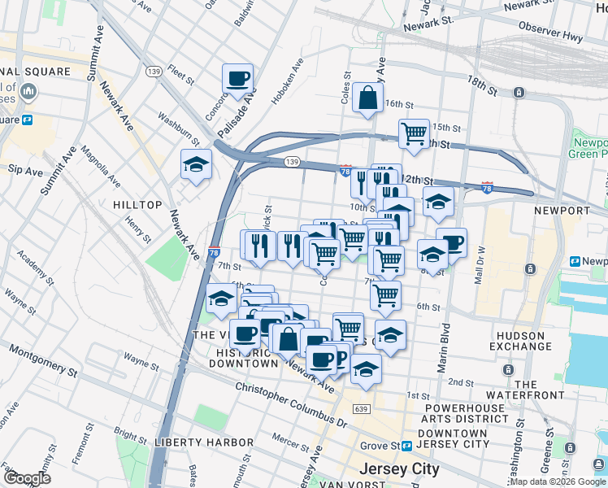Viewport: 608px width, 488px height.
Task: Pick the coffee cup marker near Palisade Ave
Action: pos(237,79)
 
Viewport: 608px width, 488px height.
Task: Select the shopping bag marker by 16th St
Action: pos(368,98)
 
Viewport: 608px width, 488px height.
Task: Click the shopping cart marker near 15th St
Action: pos(414,133)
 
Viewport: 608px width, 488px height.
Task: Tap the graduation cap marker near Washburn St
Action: pos(196,164)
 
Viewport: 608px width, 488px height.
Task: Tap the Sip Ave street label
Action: pos(24,172)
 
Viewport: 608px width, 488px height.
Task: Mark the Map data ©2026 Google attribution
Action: pos(558,481)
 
